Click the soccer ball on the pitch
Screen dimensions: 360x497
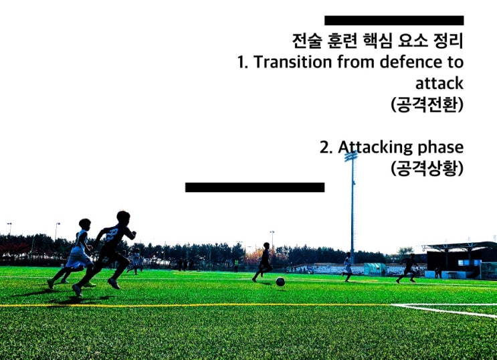pyautogui.click(x=280, y=282)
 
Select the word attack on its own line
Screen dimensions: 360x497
pyautogui.click(x=439, y=84)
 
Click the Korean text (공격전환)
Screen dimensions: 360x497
pyautogui.click(x=427, y=105)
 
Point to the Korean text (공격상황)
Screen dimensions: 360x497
pyautogui.click(x=427, y=168)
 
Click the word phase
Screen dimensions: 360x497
pyautogui.click(x=439, y=147)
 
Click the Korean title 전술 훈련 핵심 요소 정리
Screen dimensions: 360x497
pyautogui.click(x=378, y=40)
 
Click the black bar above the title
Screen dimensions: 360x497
pyautogui.click(x=393, y=20)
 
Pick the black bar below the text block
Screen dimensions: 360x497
pyautogui.click(x=254, y=187)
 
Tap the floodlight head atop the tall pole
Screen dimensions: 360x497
pyautogui.click(x=351, y=156)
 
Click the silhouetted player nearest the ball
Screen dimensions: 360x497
pyautogui.click(x=264, y=262)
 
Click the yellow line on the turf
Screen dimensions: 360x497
pyautogui.click(x=201, y=305)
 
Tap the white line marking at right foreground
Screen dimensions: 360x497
pyautogui.click(x=448, y=309)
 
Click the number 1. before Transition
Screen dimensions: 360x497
pyautogui.click(x=243, y=62)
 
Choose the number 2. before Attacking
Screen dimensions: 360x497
pyautogui.click(x=326, y=147)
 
